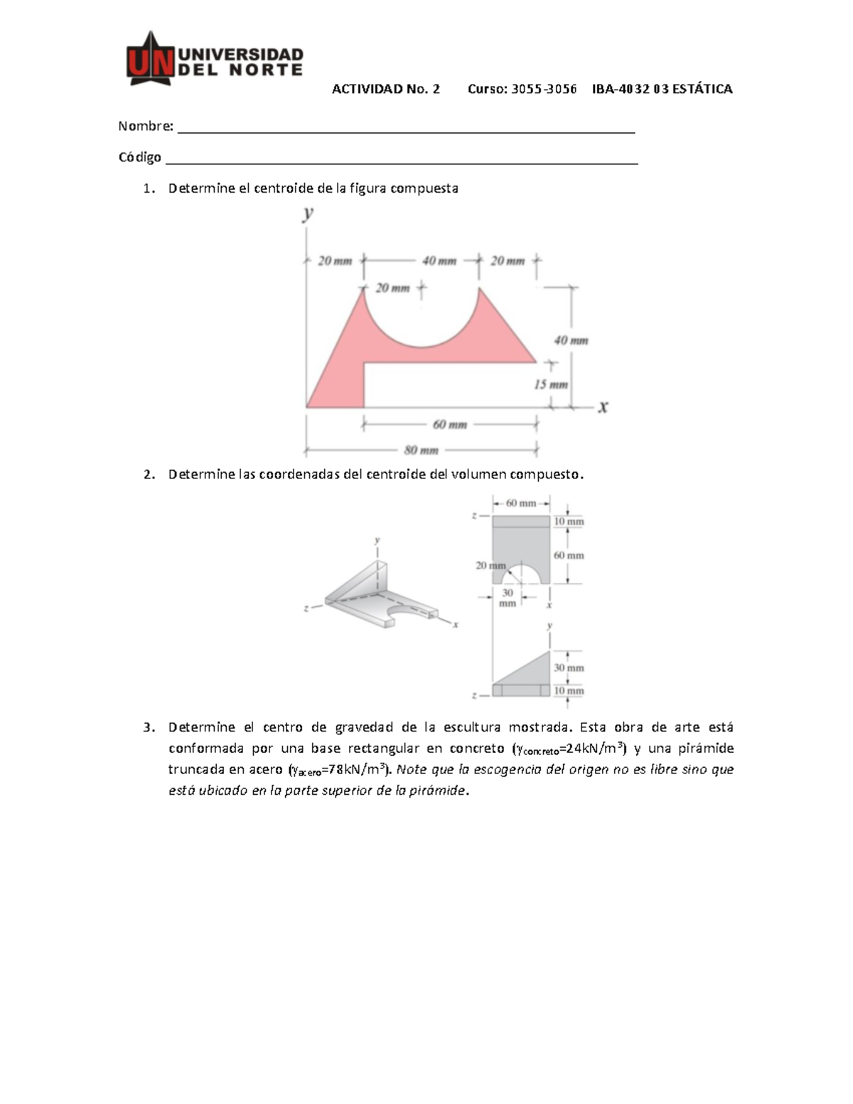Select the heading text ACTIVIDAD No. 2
386,89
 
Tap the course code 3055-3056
543,89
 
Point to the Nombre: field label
146,126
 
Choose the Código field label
139,157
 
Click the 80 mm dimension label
421,450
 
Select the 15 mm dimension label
550,385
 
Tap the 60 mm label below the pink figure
449,424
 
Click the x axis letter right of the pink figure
602,407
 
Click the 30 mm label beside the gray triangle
569,668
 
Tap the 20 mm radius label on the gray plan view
490,566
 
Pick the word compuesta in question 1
424,188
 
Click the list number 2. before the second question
149,474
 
